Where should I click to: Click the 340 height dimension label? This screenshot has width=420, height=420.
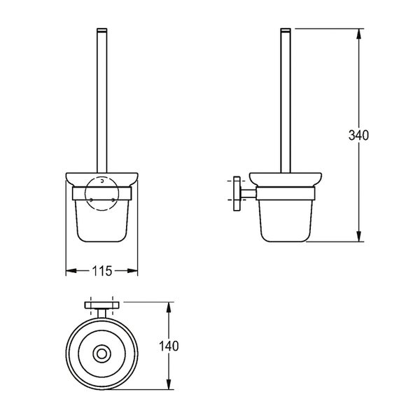pos(358,135)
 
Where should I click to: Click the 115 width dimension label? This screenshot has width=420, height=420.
pos(102,271)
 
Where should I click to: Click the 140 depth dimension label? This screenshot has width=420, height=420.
pos(169,346)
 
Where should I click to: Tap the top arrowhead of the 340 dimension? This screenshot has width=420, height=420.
pos(359,34)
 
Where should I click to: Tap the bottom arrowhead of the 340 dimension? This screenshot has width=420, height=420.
pos(359,237)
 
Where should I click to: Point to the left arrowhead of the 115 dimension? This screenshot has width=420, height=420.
pos(71,271)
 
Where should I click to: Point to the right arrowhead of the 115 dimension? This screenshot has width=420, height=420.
pos(132,271)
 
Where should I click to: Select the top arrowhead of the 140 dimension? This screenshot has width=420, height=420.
pos(169,307)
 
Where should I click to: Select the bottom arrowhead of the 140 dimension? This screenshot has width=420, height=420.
pos(169,384)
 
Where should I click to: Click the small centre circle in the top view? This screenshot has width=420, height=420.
pos(101,353)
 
